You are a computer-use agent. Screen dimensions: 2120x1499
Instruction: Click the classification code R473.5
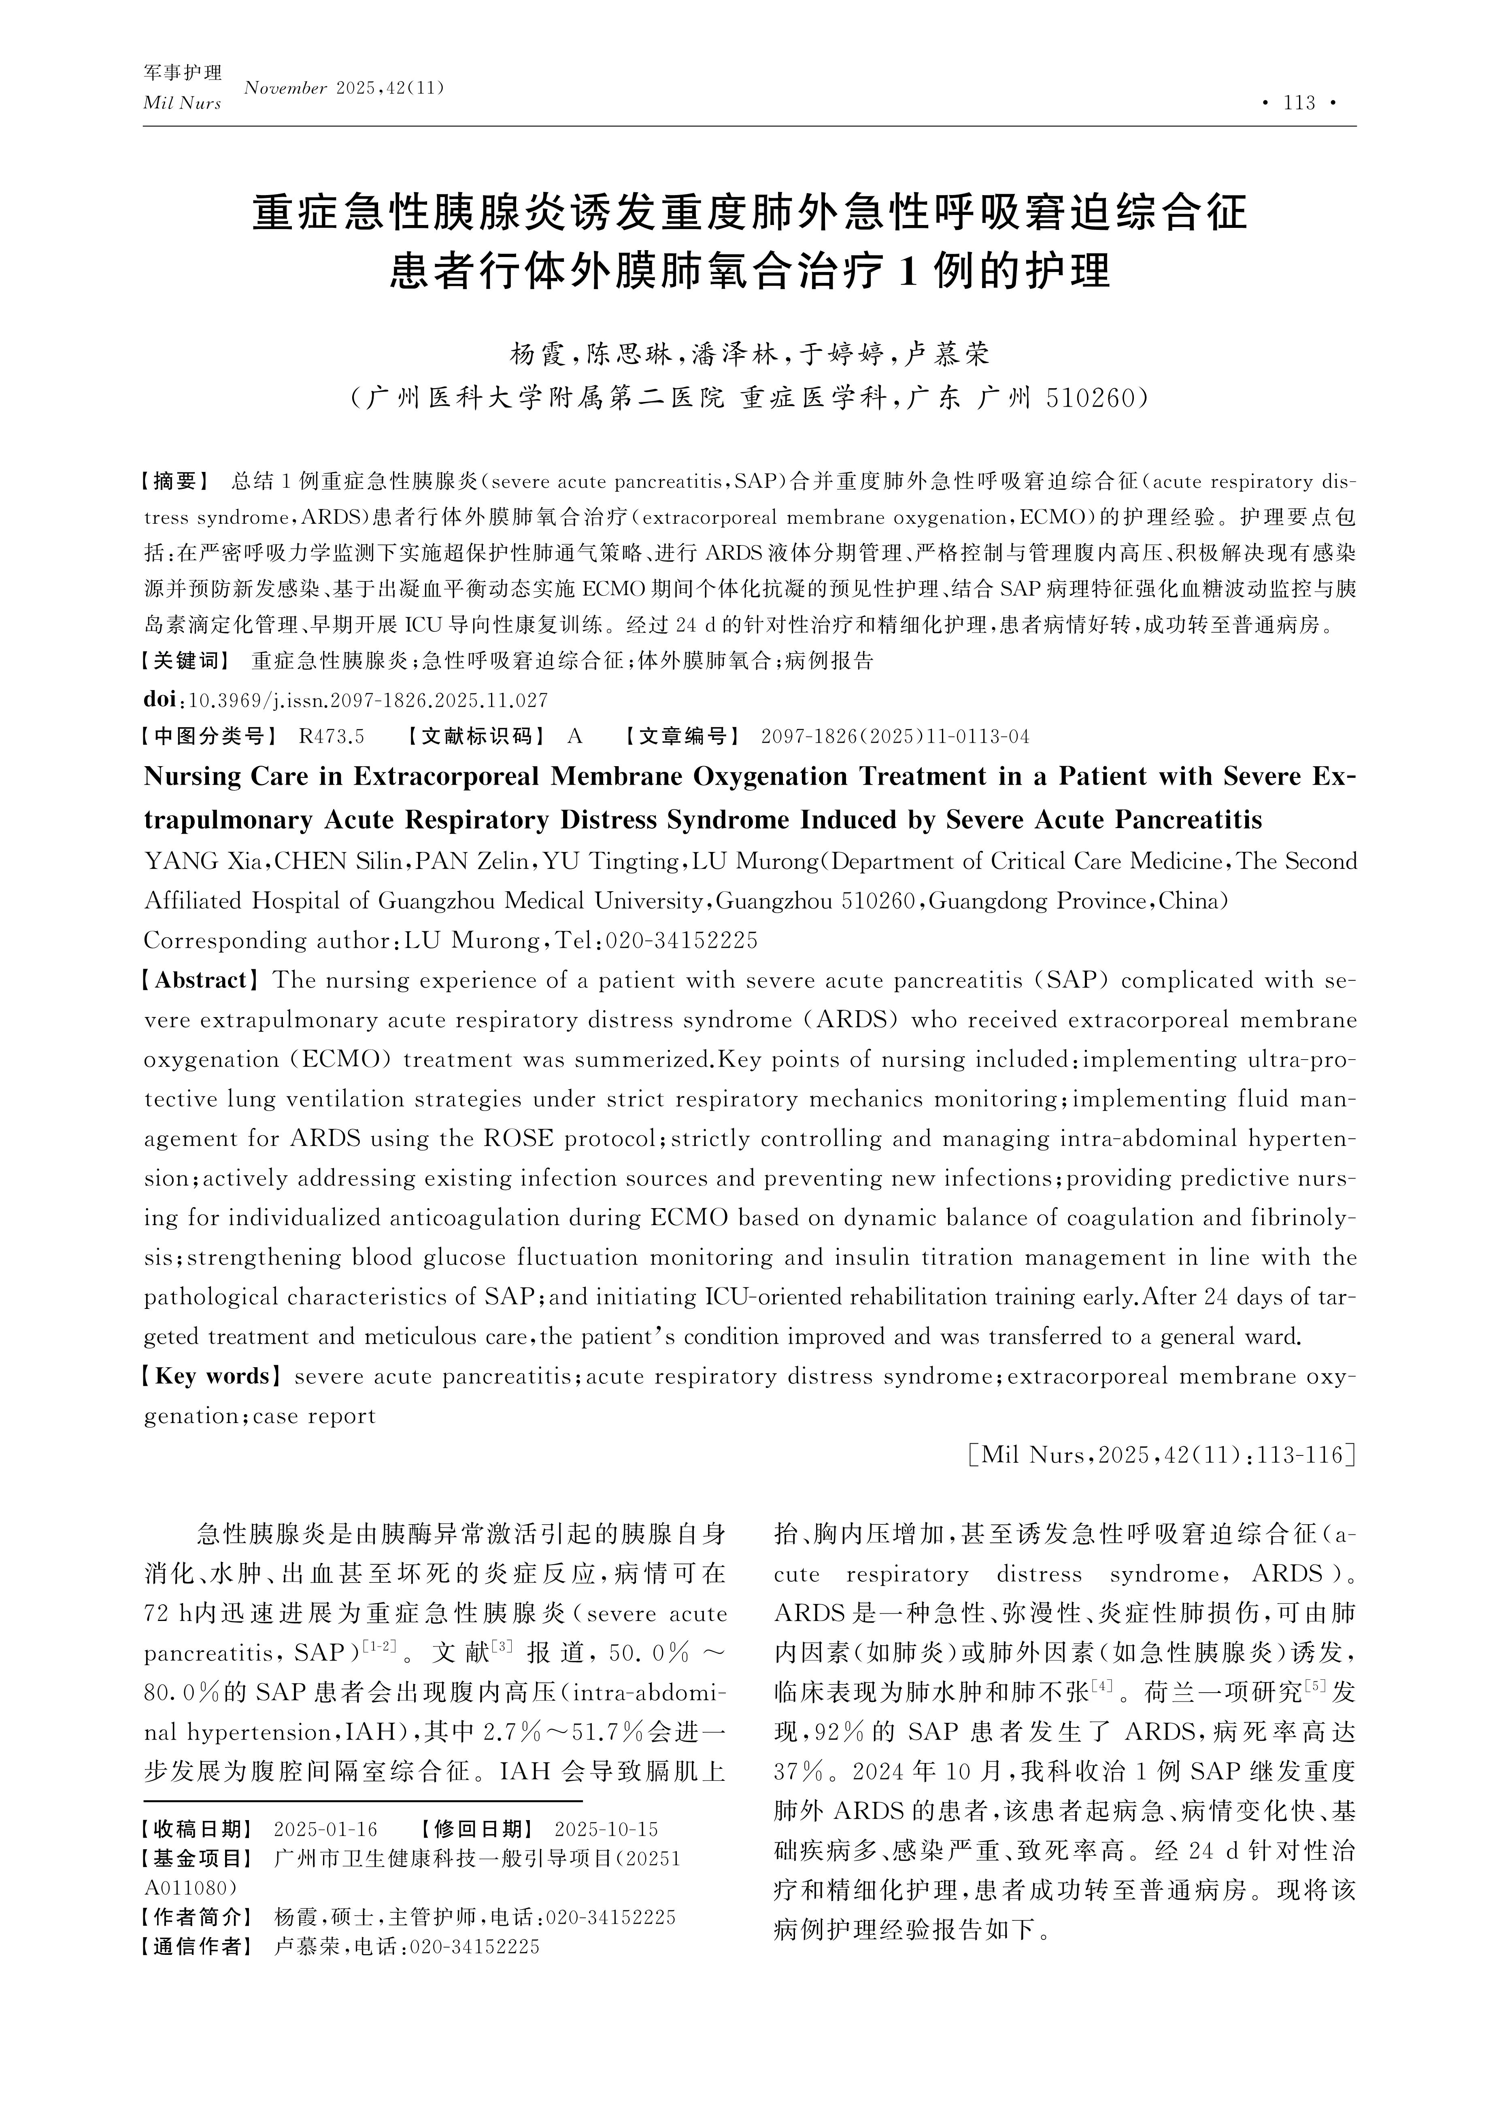tap(332, 736)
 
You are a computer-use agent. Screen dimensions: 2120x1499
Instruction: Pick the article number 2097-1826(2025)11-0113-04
tap(894, 736)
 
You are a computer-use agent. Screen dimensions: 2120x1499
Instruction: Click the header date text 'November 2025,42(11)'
tap(344, 89)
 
